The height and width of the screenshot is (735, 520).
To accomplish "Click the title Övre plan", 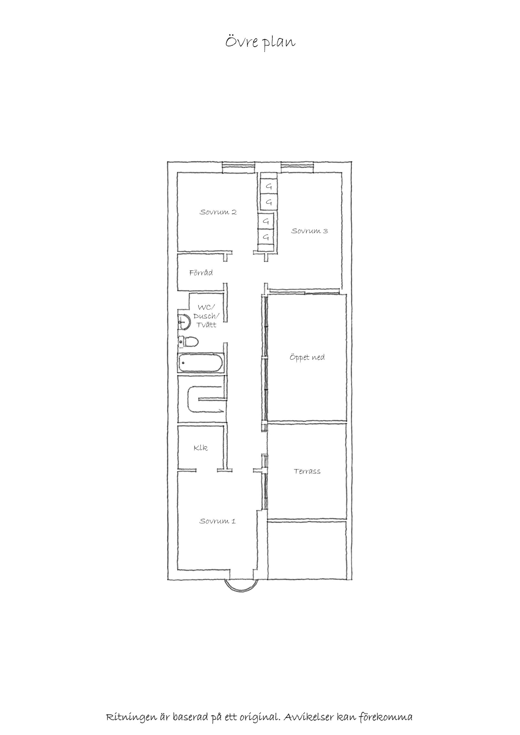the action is [260, 42].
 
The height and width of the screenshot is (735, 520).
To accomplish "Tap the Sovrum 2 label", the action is [218, 212].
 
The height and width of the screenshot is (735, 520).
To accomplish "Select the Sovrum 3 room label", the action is [309, 231].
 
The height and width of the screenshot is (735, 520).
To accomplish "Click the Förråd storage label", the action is [201, 273].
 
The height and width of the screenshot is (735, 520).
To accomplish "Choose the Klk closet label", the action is [201, 447].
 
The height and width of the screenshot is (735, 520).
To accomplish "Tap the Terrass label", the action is [307, 471].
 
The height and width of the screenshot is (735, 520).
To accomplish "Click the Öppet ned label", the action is [307, 357].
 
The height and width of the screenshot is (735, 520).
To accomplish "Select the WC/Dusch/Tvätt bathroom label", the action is [206, 316].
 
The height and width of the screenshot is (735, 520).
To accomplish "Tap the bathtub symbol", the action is [200, 363].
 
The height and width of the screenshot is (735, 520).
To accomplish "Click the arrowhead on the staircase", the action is [221, 410].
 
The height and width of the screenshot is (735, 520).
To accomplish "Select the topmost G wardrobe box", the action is [269, 186].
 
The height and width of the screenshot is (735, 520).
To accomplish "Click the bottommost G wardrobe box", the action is [266, 237].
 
